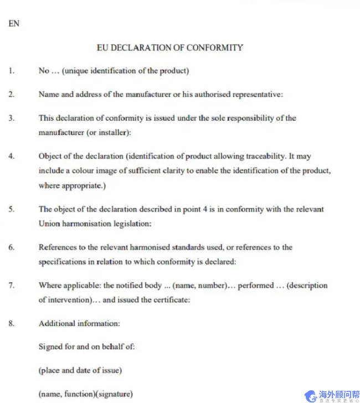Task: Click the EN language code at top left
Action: point(14,24)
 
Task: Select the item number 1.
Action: point(11,71)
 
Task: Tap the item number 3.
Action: point(11,118)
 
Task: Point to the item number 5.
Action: point(11,209)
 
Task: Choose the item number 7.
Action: point(11,286)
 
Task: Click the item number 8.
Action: point(11,323)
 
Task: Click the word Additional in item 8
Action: point(57,323)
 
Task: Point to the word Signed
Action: point(51,347)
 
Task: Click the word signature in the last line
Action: point(114,394)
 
